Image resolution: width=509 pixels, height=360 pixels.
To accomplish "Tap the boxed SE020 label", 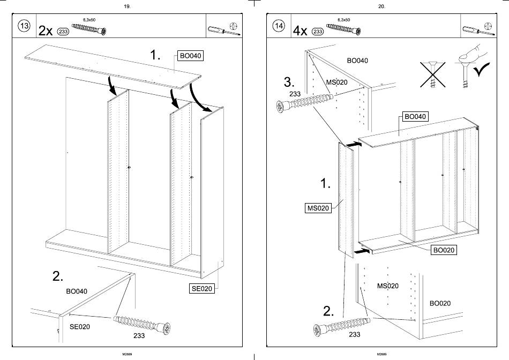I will pyautogui.click(x=202, y=289).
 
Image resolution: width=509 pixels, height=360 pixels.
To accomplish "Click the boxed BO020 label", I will pyautogui.click(x=443, y=250).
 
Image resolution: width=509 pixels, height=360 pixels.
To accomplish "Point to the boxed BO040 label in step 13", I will pyautogui.click(x=190, y=56).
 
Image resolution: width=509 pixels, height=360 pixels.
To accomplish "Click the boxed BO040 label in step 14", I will pyautogui.click(x=415, y=116).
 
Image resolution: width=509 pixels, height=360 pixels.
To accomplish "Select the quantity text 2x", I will pyautogui.click(x=46, y=31).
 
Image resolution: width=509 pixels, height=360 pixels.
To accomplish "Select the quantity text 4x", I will pyautogui.click(x=300, y=31).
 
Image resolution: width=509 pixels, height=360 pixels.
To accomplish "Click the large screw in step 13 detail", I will pyautogui.click(x=142, y=324).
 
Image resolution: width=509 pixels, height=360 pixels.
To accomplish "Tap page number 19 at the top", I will pyautogui.click(x=126, y=6).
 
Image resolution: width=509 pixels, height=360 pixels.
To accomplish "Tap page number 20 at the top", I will pyautogui.click(x=381, y=6).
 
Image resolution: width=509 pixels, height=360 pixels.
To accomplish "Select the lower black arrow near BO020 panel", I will pyautogui.click(x=363, y=250).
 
